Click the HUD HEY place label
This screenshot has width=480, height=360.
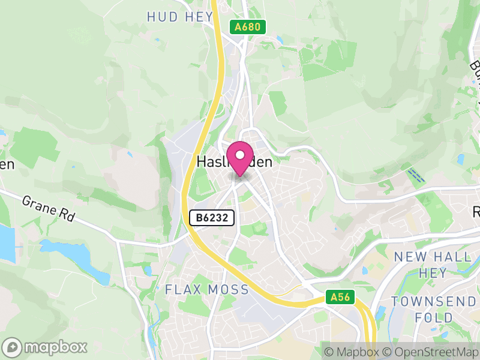coord(179,16)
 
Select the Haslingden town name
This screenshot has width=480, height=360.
coord(235,162)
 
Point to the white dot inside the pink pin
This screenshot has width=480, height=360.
coord(241,155)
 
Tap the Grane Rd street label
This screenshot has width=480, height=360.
coord(47,208)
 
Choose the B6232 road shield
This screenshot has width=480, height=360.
coord(212,218)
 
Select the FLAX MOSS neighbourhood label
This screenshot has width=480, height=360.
coord(206,290)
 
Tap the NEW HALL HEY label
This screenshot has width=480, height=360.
coord(430,264)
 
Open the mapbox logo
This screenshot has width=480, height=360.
coord(46,347)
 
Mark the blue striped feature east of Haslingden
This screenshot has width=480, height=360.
coord(415,175)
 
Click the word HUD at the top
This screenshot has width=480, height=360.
coord(162,16)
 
